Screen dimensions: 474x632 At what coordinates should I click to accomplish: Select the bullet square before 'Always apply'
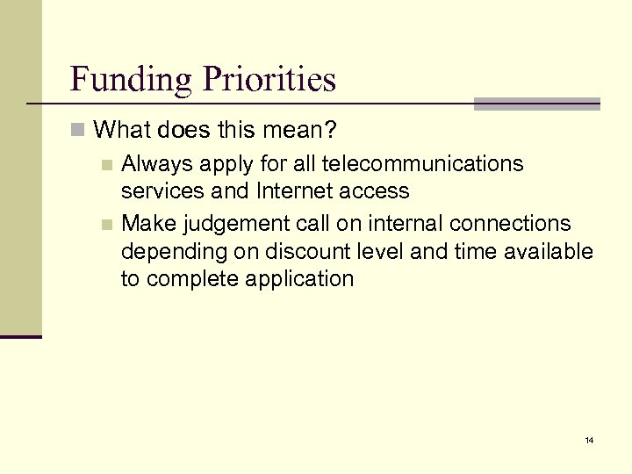pos(106,163)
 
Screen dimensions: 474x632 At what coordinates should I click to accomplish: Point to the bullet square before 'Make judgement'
pos(106,225)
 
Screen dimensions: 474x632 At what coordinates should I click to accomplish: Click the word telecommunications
pos(424,163)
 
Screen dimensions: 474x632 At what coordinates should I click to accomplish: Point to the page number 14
pos(588,440)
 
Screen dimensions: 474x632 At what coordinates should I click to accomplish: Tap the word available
pos(549,252)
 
